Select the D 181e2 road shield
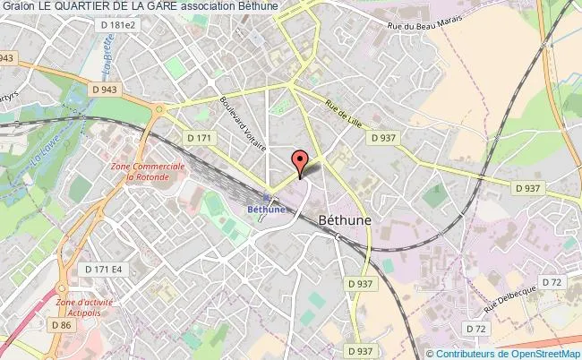pos(118,26)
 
